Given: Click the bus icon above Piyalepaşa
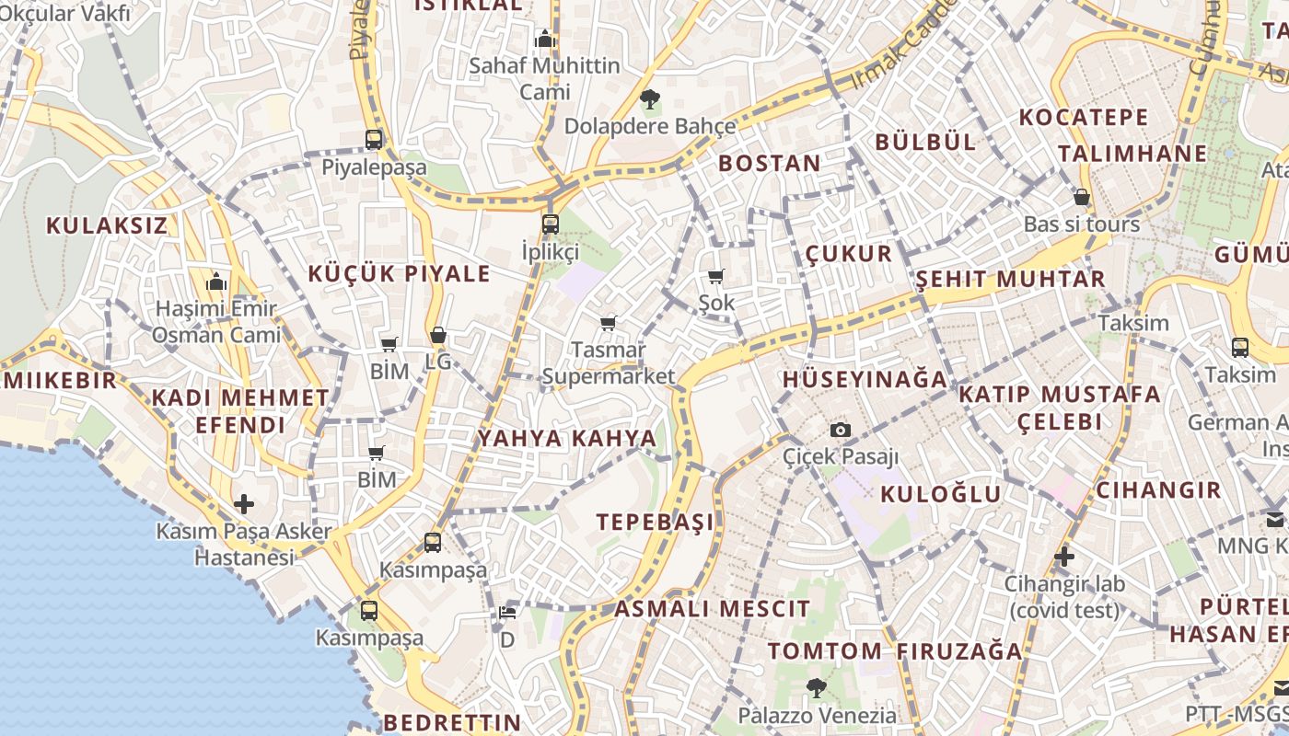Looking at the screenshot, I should (374, 140).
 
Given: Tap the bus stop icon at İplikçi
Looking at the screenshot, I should (551, 224).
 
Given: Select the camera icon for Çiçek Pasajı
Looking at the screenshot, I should (840, 430).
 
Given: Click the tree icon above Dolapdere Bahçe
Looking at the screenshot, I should (650, 98).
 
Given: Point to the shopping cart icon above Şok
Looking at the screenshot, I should (716, 276).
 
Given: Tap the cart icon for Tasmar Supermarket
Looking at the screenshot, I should (608, 323).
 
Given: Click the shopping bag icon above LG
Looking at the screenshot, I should (438, 335).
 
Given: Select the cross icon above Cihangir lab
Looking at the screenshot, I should (1064, 556).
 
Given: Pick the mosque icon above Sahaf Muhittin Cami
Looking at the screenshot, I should (545, 39).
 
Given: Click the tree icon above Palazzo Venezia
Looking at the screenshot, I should (816, 687).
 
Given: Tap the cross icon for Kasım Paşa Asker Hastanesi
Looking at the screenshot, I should (244, 503).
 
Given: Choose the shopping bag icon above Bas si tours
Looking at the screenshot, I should (1082, 197).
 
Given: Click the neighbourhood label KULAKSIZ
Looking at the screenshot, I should (107, 225).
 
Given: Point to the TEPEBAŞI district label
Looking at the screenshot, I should (655, 523).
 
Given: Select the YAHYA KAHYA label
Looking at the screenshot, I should (567, 438).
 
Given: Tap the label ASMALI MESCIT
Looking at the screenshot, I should (712, 608).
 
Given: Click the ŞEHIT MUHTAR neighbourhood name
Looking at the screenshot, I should (1011, 279).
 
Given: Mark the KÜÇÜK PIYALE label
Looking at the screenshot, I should (399, 273).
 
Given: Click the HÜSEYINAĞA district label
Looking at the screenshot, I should (865, 379).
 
